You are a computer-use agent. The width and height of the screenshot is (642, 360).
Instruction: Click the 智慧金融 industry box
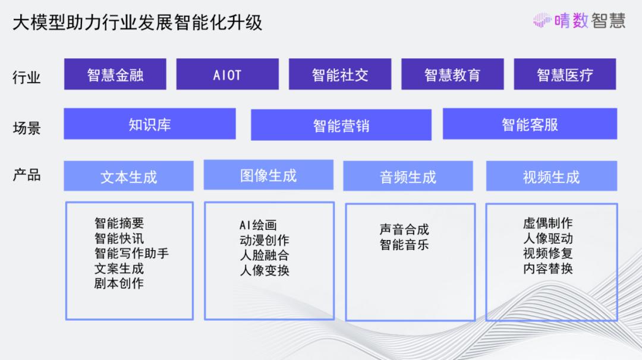pos(115,74)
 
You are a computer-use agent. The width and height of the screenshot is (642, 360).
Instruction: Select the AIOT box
pos(228,74)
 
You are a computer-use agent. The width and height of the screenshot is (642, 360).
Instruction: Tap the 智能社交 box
pos(340,74)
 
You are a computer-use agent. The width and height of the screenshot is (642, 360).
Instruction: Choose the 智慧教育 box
pos(452,74)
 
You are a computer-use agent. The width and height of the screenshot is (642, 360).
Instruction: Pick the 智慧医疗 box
pos(565,74)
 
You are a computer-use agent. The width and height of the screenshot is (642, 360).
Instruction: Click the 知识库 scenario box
pos(150,124)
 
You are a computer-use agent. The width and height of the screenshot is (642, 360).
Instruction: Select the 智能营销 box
pos(341,125)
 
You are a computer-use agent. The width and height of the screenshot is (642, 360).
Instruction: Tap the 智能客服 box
pos(530,124)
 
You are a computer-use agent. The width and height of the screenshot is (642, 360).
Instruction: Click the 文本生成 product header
pos(128,176)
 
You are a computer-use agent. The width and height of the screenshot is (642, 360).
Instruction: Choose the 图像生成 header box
pos(269,175)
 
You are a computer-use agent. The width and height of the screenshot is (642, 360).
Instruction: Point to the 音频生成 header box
pos(408,176)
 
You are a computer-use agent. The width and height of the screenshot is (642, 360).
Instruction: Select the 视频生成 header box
pos(552,176)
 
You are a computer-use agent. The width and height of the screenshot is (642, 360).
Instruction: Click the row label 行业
pos(27,77)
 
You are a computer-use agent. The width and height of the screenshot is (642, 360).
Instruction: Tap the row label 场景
pos(27,128)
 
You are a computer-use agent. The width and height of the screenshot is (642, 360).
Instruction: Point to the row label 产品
pos(27,175)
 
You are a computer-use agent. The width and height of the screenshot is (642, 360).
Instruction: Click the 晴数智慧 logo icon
pos(542,20)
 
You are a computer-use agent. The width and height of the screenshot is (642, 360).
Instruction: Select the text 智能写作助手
pos(131,253)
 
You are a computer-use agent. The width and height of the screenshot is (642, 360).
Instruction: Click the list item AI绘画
pos(259,225)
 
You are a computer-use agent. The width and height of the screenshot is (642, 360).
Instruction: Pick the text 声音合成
pos(404,229)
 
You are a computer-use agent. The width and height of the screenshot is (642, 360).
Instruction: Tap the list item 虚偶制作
pos(548,223)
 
